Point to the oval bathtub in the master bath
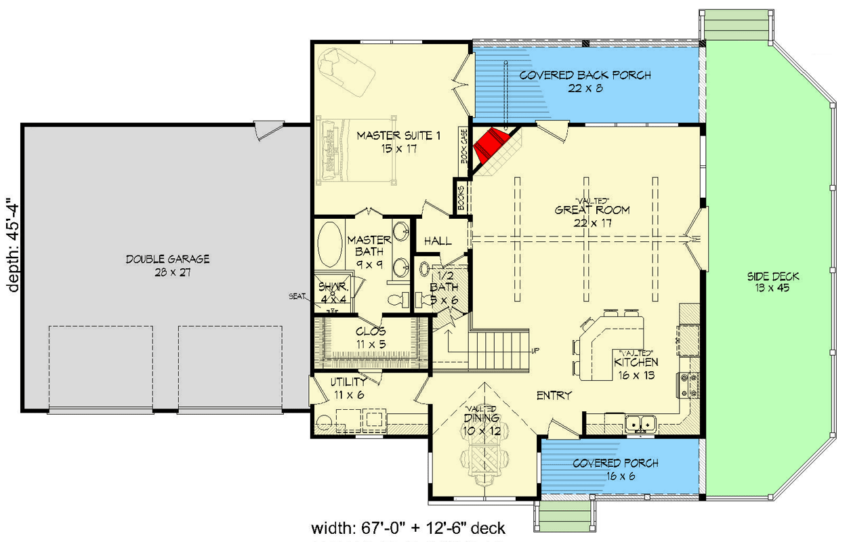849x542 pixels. (331, 245)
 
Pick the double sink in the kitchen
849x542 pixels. (640, 423)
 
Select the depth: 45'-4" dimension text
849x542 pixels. (11, 245)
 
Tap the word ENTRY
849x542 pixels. (554, 395)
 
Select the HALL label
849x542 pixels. (438, 241)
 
